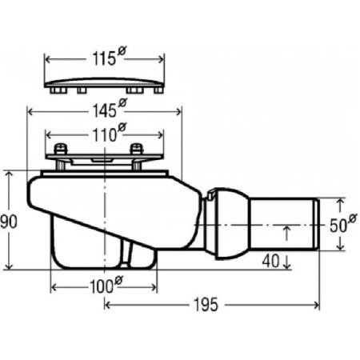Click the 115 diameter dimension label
(x=104, y=58)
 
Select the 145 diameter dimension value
(x=104, y=110)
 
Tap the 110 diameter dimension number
(x=105, y=135)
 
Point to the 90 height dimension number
(x=9, y=222)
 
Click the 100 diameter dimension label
(x=102, y=286)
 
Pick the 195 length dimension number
(x=206, y=305)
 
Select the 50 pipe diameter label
(x=338, y=226)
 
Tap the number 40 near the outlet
(x=270, y=261)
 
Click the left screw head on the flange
(x=61, y=149)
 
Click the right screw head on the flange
(x=137, y=149)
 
